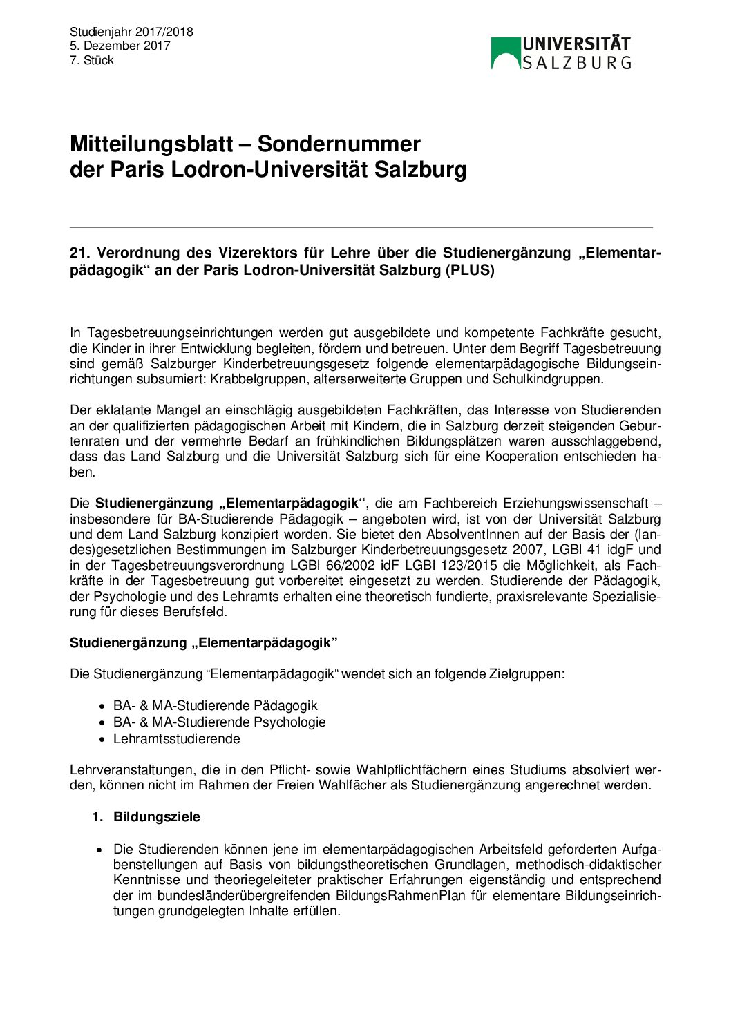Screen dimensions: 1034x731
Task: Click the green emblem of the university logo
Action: point(505,52)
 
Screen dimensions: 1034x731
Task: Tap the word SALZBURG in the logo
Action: point(576,63)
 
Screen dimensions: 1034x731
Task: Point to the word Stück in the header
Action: point(99,60)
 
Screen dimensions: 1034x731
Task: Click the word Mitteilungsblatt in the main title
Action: point(151,144)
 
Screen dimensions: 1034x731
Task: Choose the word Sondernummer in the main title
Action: point(339,144)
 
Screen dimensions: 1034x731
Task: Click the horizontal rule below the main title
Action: point(361,227)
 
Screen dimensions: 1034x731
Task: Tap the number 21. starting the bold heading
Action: point(79,253)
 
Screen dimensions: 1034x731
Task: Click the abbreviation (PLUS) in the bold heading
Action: point(469,270)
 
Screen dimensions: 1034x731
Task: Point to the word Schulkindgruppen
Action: point(547,379)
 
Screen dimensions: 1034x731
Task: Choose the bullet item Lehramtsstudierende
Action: point(177,738)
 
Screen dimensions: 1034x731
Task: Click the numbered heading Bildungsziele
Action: point(157,816)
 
